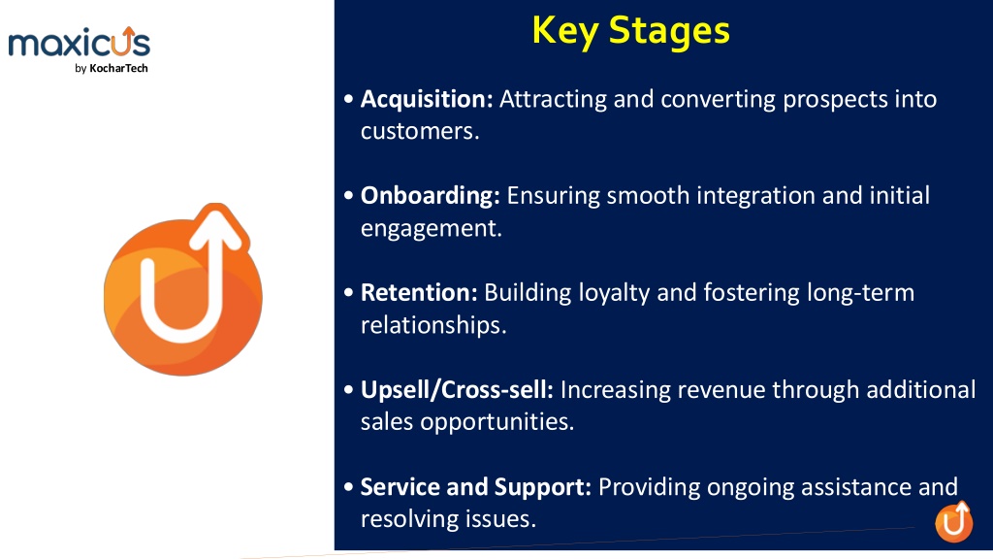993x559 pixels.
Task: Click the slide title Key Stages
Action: tap(630, 31)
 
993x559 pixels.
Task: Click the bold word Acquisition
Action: tap(427, 100)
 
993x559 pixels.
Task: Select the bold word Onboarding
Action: tap(430, 196)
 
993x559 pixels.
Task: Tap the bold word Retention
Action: tap(419, 293)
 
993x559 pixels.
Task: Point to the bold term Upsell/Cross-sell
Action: tap(457, 390)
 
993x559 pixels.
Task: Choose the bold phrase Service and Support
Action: tap(475, 487)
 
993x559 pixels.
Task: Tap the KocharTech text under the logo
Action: tap(118, 69)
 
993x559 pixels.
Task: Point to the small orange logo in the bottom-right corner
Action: tap(954, 521)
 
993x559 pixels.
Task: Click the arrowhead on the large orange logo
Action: tap(216, 229)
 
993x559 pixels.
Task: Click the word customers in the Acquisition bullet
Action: tap(420, 131)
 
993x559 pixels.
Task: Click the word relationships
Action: tap(433, 325)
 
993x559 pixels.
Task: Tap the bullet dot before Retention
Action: tap(348, 293)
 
